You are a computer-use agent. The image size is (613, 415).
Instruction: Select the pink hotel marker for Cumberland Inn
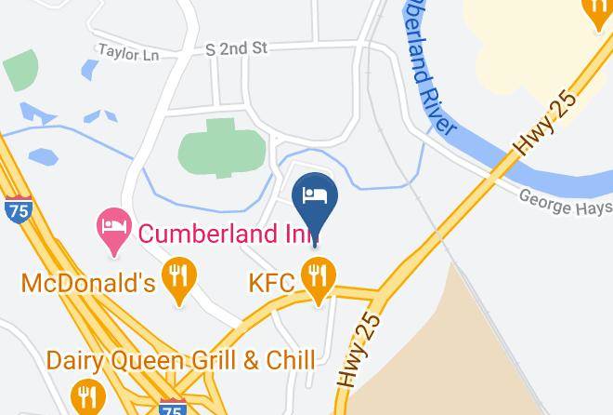pos(114,227)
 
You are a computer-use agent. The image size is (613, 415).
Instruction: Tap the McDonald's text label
pos(87,282)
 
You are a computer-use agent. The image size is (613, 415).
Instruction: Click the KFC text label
pos(271,281)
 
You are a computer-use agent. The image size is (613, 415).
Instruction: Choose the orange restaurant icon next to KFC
pos(319,276)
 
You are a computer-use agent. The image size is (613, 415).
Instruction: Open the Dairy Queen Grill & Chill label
pos(180,359)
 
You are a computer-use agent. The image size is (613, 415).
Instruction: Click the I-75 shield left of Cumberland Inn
pos(16,209)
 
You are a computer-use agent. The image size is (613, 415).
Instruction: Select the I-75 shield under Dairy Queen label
pos(172,407)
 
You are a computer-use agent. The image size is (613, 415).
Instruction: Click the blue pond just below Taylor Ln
pos(90,70)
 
